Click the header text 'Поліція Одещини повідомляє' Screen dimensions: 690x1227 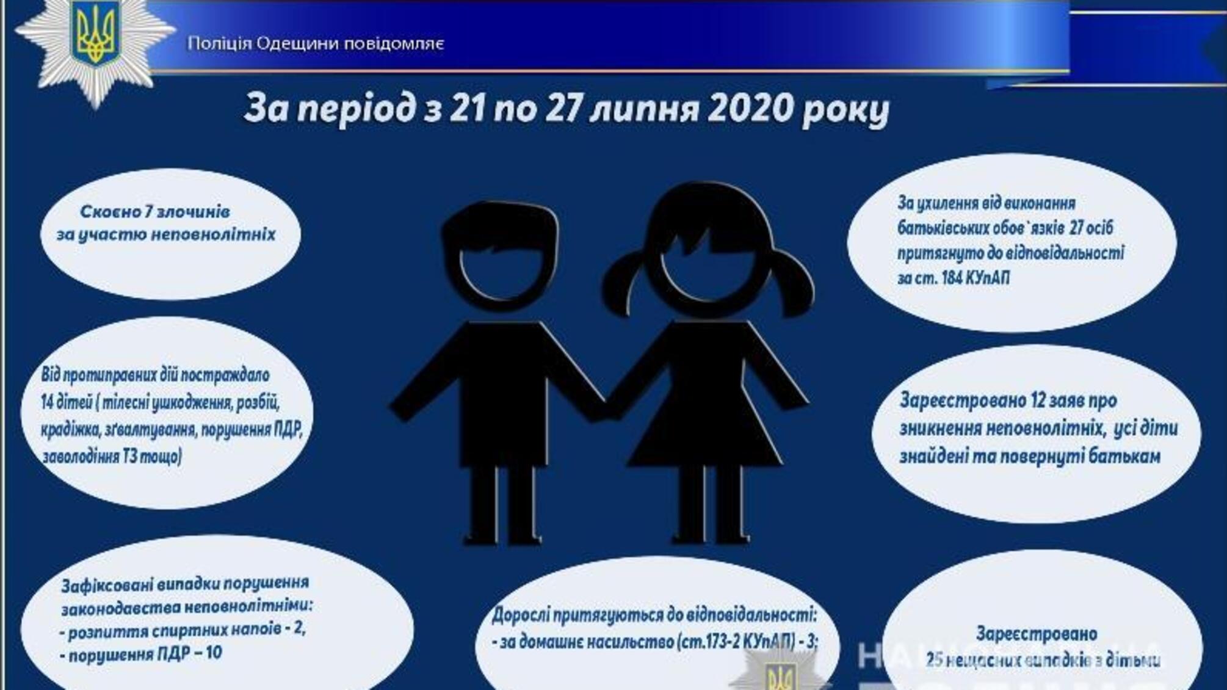tap(316, 44)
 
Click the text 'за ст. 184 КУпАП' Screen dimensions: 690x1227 tap(953, 278)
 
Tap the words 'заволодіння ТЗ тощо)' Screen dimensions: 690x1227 tap(112, 456)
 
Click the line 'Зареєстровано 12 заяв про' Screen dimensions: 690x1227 tap(1008, 401)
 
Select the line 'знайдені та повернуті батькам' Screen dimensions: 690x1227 tap(1029, 456)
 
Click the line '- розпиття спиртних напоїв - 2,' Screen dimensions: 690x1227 tap(183, 630)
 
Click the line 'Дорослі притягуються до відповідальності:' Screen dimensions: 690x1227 tap(654, 614)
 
